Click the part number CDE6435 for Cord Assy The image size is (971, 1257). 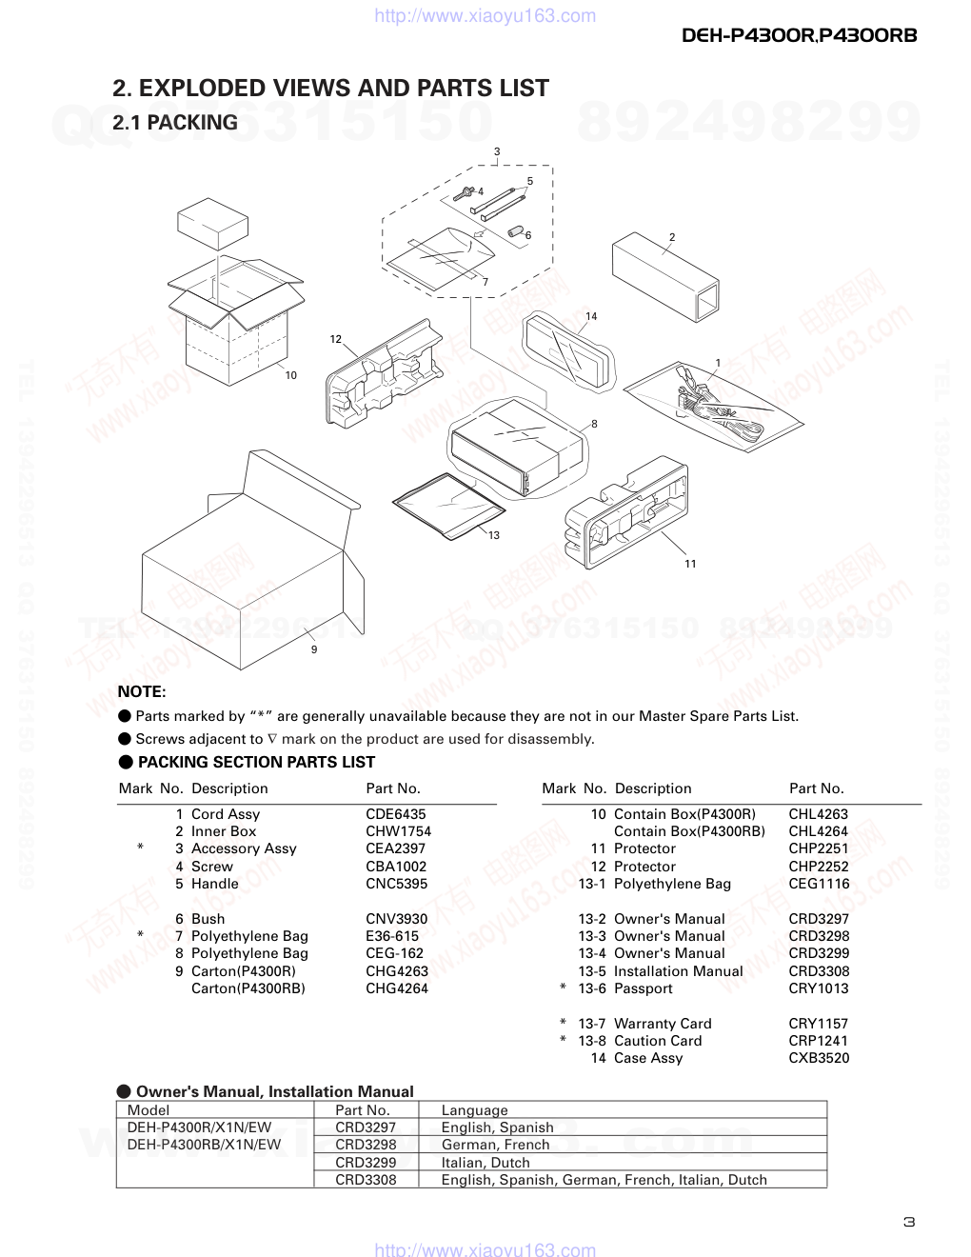coord(395,814)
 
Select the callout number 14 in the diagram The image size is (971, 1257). coord(591,316)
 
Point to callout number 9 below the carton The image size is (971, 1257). coord(314,649)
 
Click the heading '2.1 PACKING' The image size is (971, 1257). coord(175,123)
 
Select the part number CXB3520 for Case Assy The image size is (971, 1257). coord(819,1058)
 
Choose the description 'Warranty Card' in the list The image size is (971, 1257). coord(663,1024)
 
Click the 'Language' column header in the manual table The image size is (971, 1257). coord(474,1110)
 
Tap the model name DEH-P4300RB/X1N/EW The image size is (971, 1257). coord(204,1145)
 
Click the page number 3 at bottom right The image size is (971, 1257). coord(909,1223)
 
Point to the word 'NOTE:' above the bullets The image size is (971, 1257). coord(142,692)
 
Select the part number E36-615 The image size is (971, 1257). coord(392,936)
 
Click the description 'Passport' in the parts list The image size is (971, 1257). coord(644,988)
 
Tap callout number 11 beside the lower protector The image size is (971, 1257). coord(690,564)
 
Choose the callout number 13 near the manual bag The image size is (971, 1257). coord(494,535)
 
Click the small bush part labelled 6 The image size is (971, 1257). coord(515,231)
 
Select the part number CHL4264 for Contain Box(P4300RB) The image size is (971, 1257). coord(819,831)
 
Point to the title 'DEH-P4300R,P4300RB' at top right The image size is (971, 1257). coord(800,35)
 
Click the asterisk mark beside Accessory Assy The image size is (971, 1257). coord(141,848)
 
